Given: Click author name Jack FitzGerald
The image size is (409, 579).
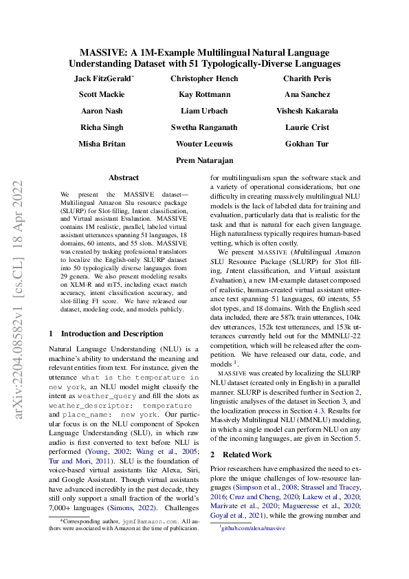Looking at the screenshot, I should (x=103, y=79).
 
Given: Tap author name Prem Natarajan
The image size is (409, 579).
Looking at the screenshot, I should (x=204, y=160).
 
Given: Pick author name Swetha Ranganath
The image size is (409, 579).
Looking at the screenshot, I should (x=204, y=128).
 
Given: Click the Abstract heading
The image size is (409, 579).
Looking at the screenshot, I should (x=123, y=177).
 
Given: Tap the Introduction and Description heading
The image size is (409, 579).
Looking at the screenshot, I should (x=106, y=334).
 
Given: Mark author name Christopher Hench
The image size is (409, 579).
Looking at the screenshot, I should (x=204, y=79).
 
